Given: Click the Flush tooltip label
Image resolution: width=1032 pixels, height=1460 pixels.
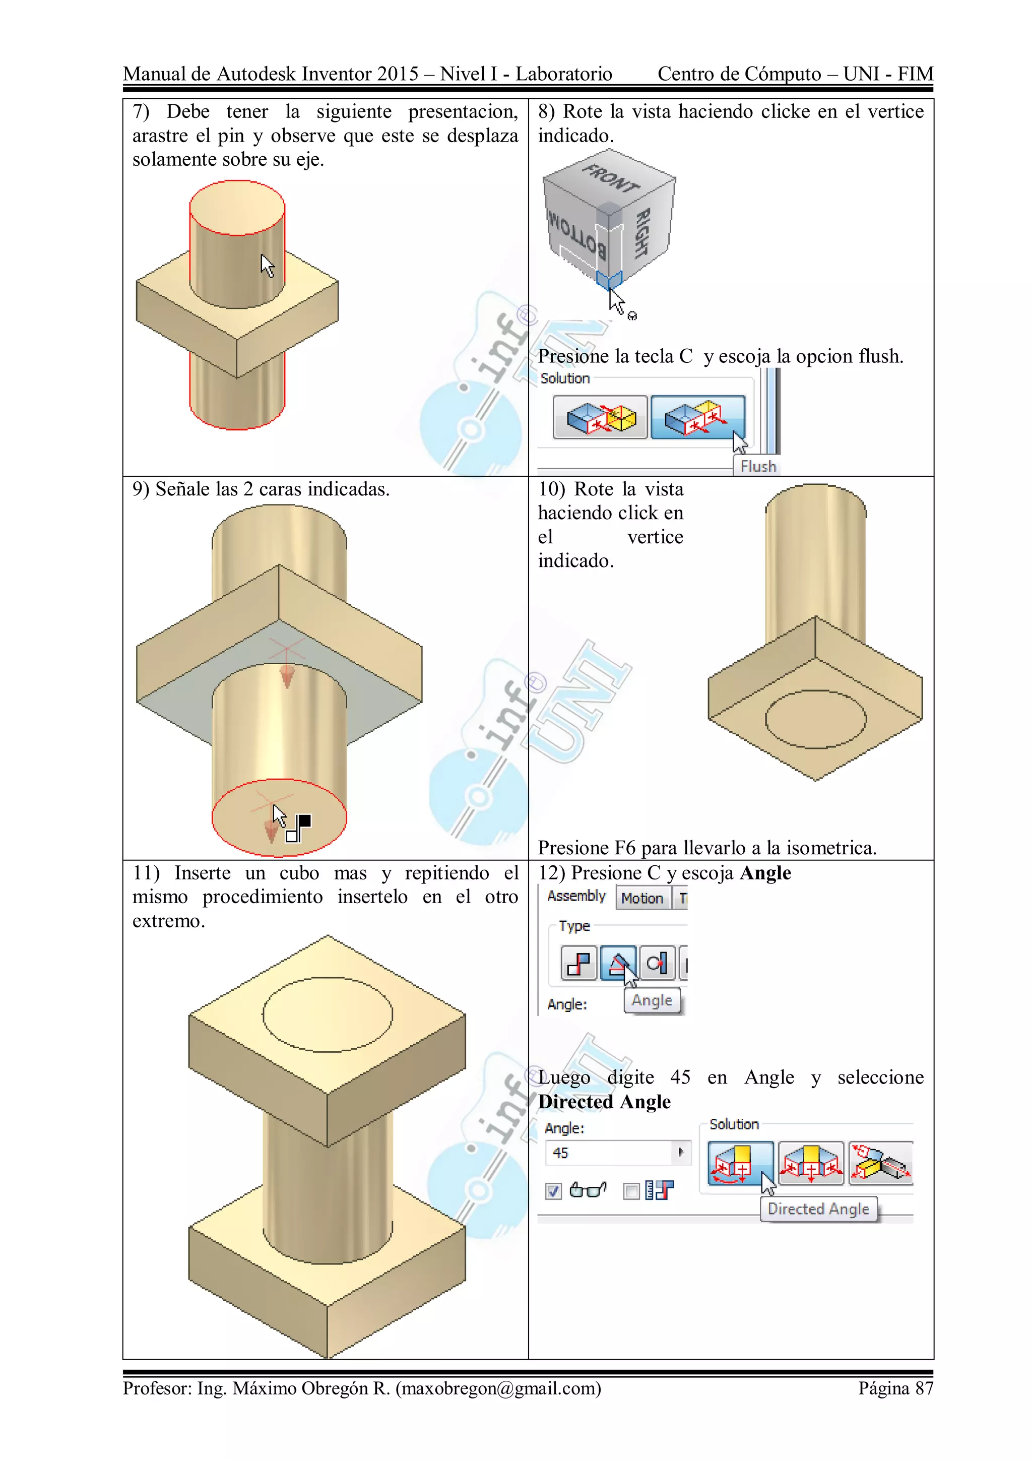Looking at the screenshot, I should click(x=757, y=466).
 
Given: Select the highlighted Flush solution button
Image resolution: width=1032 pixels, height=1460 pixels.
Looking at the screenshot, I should click(x=697, y=417).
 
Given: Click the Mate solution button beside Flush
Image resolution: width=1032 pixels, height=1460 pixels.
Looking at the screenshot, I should click(x=600, y=417).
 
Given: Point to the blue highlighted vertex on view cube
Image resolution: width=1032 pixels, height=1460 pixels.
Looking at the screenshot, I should click(x=609, y=280).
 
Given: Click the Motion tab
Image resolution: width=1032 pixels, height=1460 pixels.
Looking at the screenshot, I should click(x=641, y=898).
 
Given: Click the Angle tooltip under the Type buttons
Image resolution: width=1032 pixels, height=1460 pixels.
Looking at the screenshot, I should click(x=652, y=1000).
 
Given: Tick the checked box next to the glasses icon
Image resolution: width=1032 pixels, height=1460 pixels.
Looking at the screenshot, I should click(x=553, y=1191).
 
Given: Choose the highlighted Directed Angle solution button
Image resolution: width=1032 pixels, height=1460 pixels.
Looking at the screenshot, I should click(x=740, y=1163).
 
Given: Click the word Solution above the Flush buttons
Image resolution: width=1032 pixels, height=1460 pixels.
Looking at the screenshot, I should click(x=565, y=378).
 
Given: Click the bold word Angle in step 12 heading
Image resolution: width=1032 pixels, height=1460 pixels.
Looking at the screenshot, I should click(x=765, y=872).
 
